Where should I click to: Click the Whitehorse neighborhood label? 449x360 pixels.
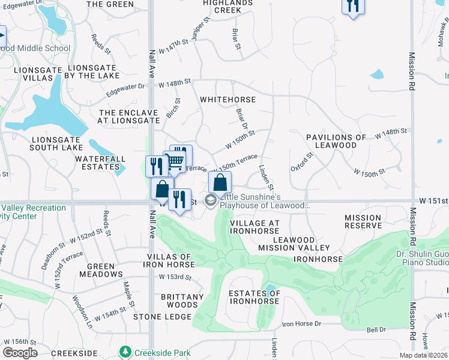228,100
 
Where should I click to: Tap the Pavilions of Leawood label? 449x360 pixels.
336,142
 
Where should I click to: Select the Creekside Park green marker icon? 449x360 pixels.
125,351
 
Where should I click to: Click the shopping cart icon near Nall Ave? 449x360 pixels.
175,161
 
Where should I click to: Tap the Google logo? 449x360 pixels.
20,353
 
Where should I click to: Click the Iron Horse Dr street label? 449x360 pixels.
301,323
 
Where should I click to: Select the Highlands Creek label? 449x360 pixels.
228,6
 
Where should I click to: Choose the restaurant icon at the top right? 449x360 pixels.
352,6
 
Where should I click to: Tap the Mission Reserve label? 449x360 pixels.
363,222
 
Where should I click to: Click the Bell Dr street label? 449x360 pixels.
376,329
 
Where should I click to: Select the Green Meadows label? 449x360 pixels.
105,270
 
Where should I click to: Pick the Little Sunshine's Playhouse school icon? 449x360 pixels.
211,200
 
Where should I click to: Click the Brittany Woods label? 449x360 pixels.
182,301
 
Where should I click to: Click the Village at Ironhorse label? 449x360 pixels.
255,227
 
